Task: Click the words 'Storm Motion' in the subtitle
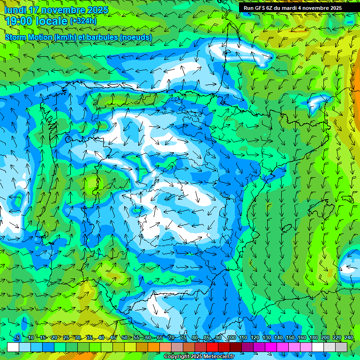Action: [x=29, y=37]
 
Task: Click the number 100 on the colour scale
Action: [x=231, y=338]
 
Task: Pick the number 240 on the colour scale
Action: [x=348, y=338]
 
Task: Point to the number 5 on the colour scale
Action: [x=18, y=338]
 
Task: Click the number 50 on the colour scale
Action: [x=125, y=338]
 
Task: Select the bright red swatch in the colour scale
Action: [x=212, y=347]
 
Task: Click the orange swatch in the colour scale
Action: [x=154, y=347]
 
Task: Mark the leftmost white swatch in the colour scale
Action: [x=13, y=347]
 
